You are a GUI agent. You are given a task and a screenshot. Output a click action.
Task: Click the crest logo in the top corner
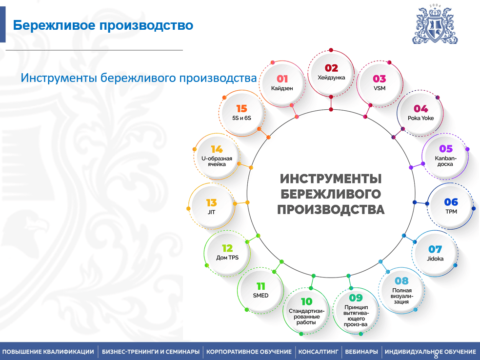pos(435,24)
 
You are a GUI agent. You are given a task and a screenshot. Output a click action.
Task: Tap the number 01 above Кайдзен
pos(282,79)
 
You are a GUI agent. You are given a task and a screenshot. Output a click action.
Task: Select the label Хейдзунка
pos(331,78)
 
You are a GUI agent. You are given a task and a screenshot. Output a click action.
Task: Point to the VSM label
pos(380,88)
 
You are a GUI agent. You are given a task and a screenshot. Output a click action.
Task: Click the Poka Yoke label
pos(420,118)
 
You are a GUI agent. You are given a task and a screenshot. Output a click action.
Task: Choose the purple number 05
pos(446,149)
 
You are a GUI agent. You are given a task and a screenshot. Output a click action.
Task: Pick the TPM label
pos(451,212)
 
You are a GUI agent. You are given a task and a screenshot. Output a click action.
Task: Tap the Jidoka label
pos(435,259)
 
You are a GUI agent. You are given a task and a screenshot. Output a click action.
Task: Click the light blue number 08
pos(401,280)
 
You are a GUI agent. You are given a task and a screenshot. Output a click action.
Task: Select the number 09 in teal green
pos(356,298)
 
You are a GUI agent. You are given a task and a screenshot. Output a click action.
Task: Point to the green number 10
pos(306,302)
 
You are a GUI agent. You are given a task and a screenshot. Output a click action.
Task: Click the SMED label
pos(260,296)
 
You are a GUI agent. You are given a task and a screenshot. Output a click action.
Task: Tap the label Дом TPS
pos(227,258)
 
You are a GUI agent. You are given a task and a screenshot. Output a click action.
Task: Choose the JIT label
pos(211,212)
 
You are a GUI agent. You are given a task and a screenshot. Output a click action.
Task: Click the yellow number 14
pos(217,149)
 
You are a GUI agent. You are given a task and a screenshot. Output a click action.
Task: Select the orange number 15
pos(241,109)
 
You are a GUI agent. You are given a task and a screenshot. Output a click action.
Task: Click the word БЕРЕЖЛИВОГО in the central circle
pos(331,194)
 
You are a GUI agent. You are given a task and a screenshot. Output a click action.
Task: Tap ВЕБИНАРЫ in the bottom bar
pos(361,352)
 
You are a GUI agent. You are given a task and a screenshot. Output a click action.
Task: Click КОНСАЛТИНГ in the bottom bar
pos(319,352)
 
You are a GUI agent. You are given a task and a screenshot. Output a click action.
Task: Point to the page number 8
pos(436,356)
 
